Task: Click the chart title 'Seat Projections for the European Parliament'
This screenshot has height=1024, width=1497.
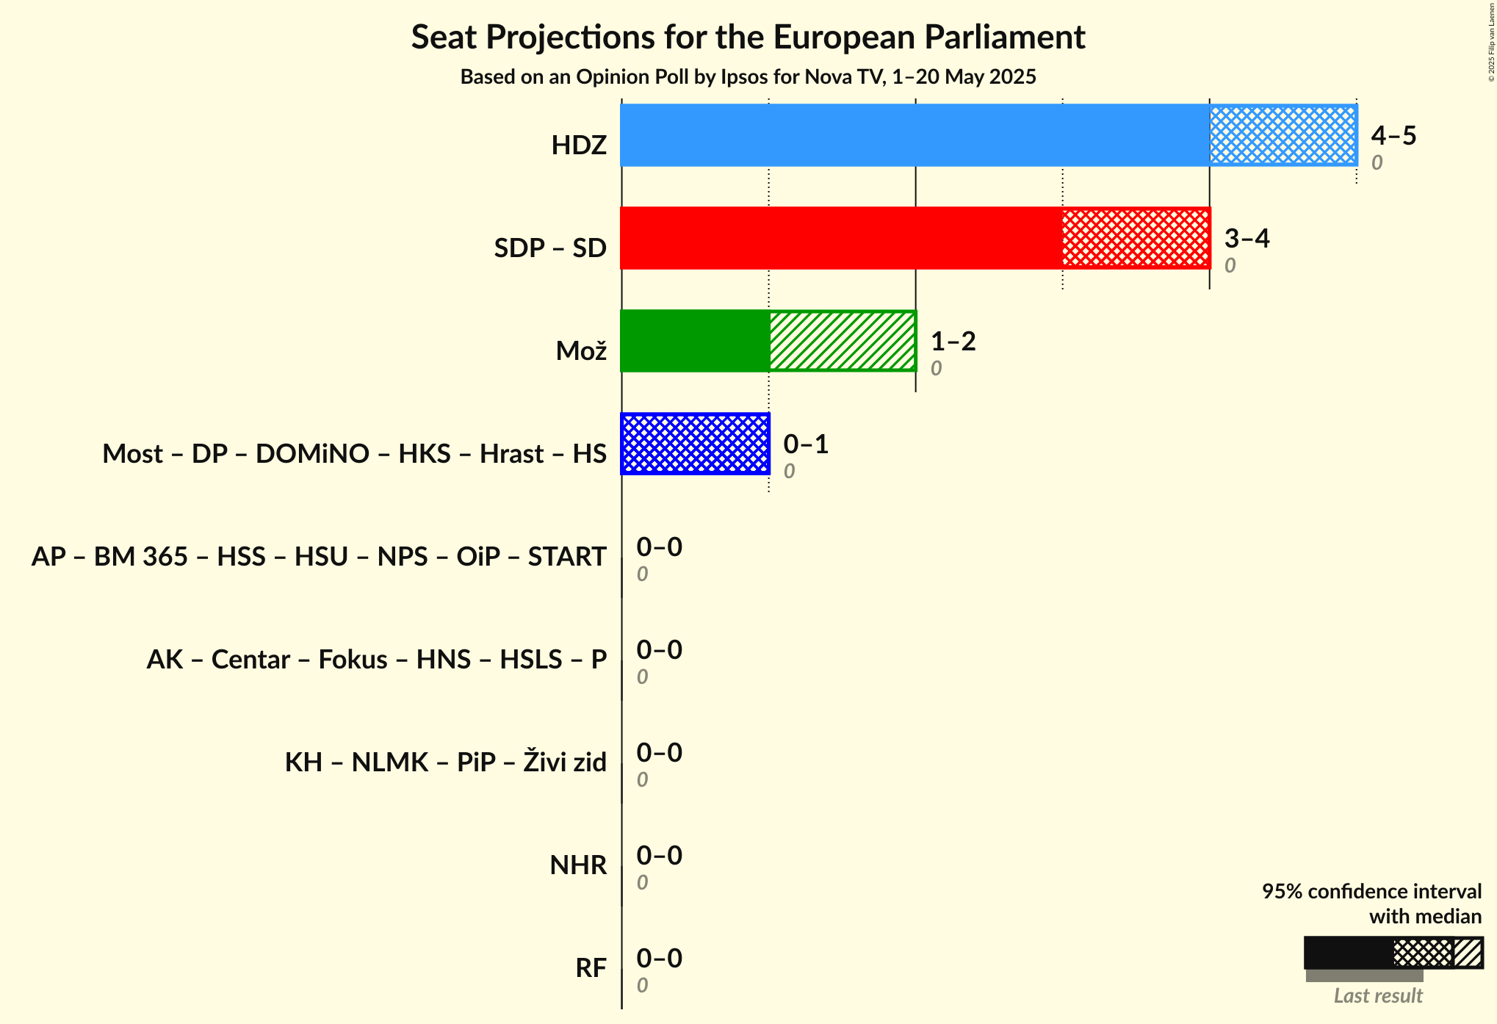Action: tap(748, 37)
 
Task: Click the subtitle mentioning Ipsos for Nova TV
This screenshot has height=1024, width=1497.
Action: tap(748, 77)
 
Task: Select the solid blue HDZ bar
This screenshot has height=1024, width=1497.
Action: tap(915, 135)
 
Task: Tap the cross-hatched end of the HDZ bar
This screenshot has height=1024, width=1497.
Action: tap(1283, 135)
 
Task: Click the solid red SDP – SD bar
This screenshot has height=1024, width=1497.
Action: tap(841, 238)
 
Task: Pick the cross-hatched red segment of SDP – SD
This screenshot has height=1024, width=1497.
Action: tap(1136, 238)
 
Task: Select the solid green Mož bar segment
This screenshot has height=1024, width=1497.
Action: tap(695, 341)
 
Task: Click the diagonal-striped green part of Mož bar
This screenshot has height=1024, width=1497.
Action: tap(843, 341)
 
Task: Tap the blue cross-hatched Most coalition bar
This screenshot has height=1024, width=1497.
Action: tap(695, 444)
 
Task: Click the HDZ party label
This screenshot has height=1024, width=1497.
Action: tap(579, 145)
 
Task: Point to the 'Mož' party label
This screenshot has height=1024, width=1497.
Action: tap(581, 351)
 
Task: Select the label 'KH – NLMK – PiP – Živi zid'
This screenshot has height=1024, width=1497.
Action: tap(445, 762)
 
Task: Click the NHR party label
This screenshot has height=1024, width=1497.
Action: tap(578, 865)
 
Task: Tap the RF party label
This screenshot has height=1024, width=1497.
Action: tap(591, 968)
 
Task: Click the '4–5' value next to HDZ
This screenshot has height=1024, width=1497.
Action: tap(1393, 136)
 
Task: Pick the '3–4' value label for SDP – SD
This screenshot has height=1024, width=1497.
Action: tap(1247, 239)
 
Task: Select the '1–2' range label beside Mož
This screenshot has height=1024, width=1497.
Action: tap(953, 342)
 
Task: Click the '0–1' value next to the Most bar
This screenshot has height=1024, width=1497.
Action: tap(806, 444)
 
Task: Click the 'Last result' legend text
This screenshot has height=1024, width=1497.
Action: tap(1378, 996)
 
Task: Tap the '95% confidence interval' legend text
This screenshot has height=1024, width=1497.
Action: tap(1371, 892)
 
